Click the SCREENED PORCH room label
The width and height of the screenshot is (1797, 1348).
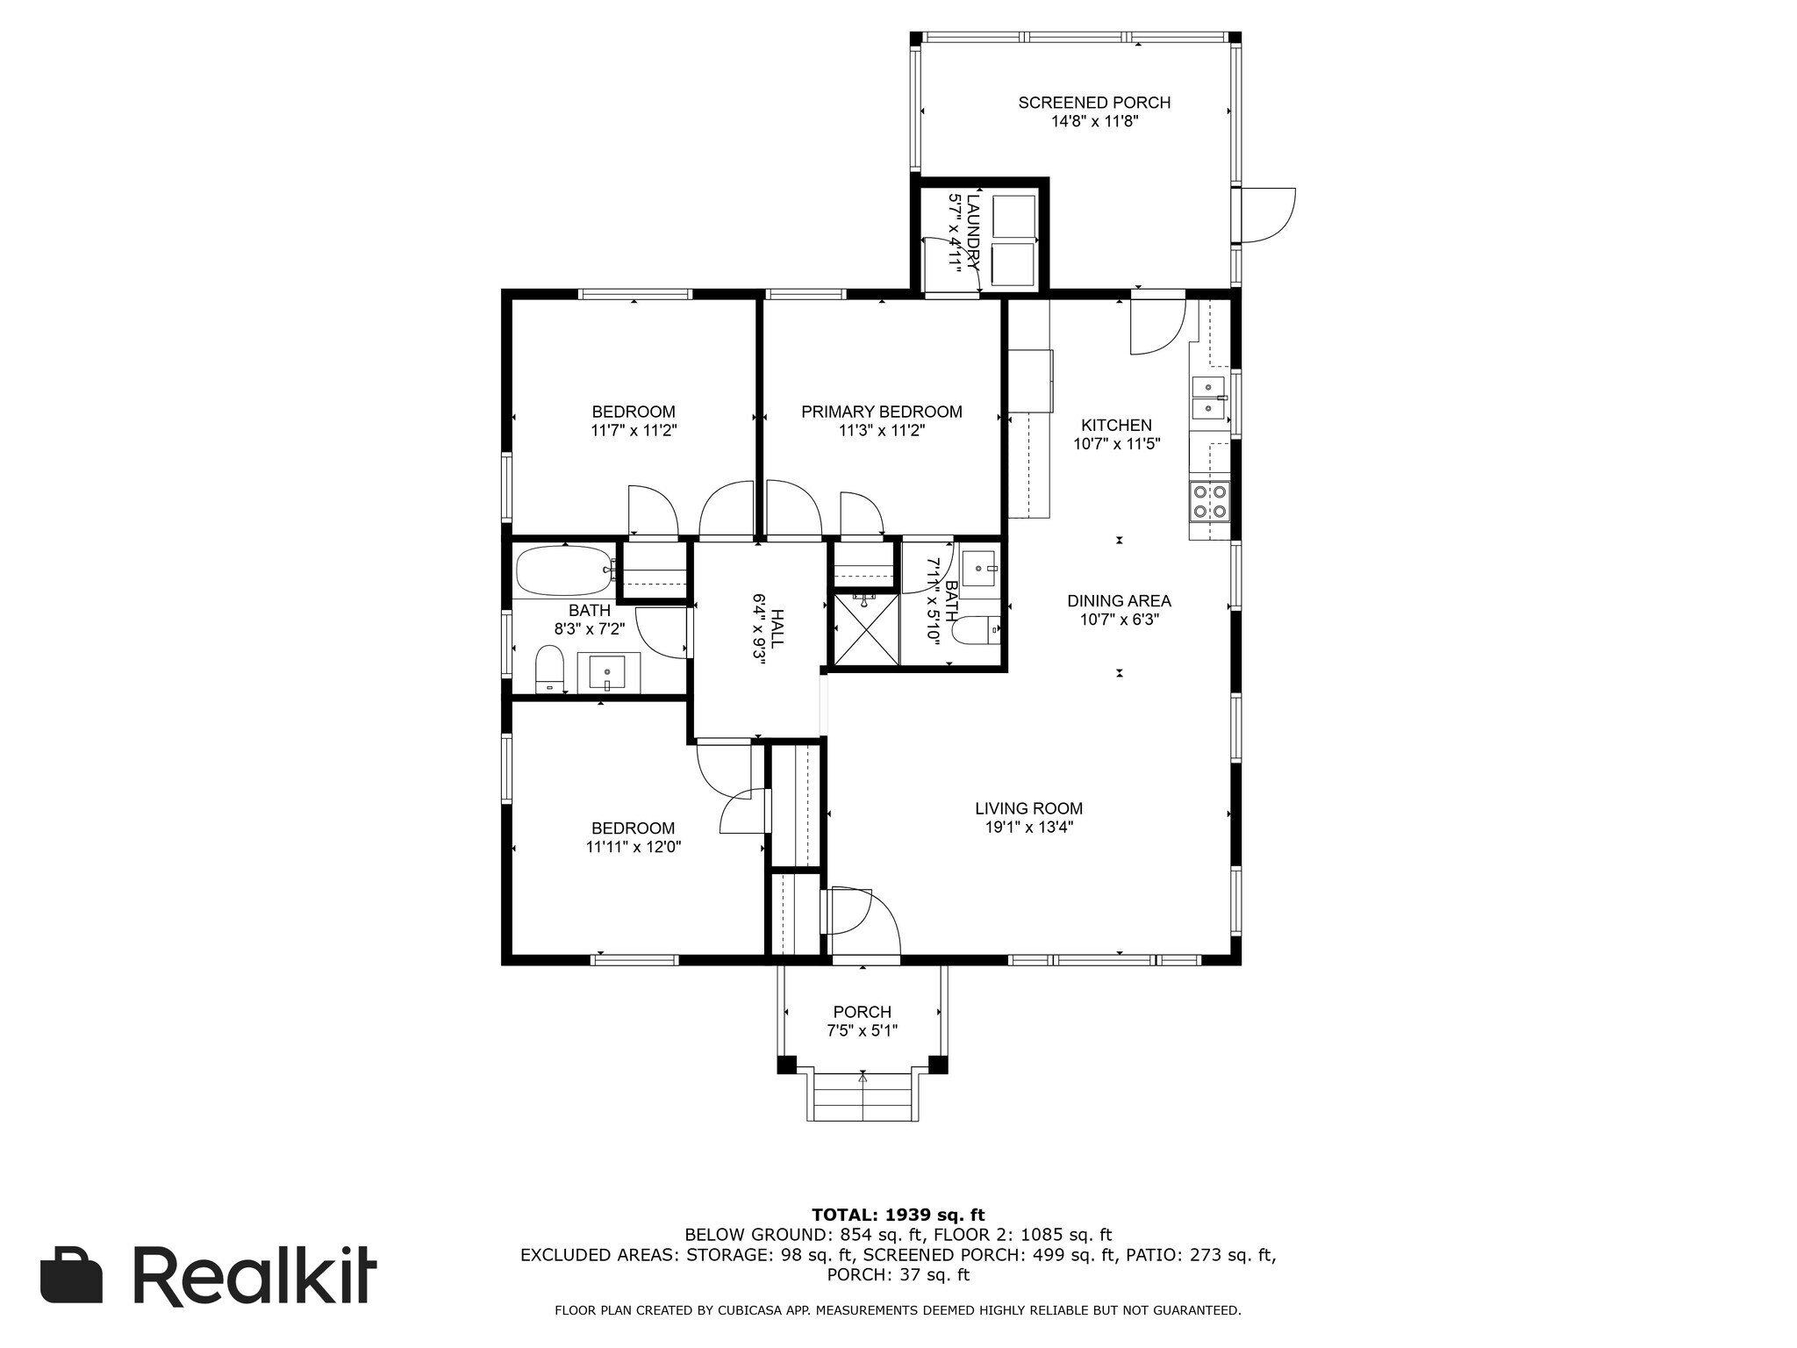click(1094, 103)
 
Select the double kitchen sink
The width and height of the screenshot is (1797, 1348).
click(1209, 398)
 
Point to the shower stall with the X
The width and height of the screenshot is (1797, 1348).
click(865, 629)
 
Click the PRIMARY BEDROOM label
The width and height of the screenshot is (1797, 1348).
click(881, 412)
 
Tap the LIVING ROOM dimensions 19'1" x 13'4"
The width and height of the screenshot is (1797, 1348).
click(1028, 827)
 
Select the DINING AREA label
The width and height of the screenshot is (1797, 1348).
click(1119, 601)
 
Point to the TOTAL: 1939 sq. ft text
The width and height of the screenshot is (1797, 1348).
click(898, 1215)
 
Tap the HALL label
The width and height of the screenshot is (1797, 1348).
click(777, 629)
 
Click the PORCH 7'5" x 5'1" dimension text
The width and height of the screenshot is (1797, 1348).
click(863, 1030)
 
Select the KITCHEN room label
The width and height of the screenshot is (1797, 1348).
click(1116, 426)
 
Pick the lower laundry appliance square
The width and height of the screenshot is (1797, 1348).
click(1013, 266)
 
